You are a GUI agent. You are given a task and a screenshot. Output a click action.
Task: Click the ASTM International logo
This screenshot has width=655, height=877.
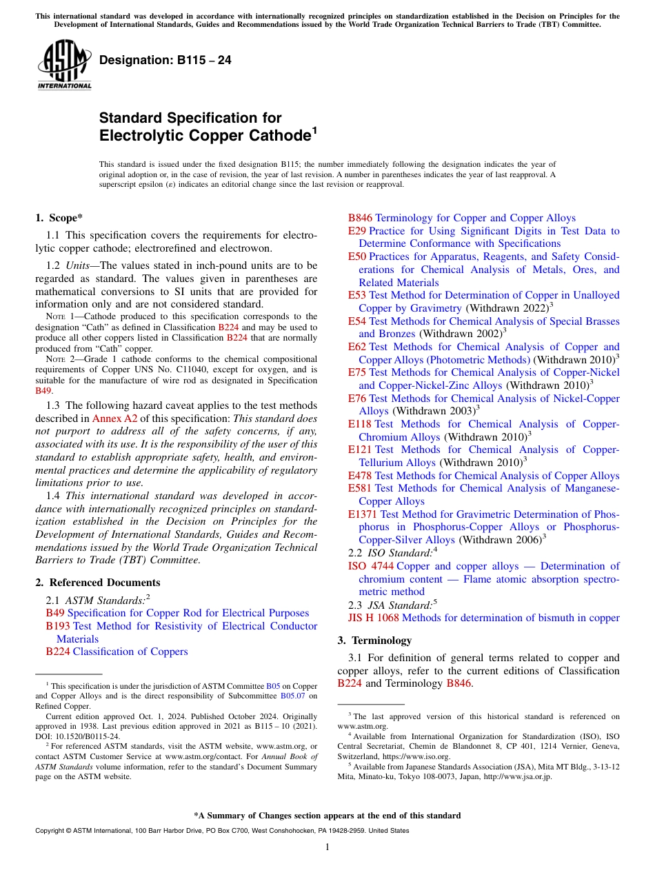point(64,64)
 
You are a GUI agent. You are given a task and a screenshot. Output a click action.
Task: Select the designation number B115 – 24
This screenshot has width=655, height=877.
point(165,60)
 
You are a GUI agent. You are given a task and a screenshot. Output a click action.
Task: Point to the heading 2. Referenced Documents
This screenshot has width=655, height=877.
point(98,583)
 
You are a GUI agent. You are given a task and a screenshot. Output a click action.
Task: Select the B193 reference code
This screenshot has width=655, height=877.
point(58,626)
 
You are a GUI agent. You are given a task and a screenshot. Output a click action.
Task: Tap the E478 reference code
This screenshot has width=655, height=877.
point(360,476)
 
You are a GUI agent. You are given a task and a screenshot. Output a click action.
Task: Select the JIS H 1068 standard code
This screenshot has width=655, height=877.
point(373,618)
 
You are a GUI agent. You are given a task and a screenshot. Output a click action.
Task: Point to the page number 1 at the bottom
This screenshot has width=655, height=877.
point(327,847)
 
